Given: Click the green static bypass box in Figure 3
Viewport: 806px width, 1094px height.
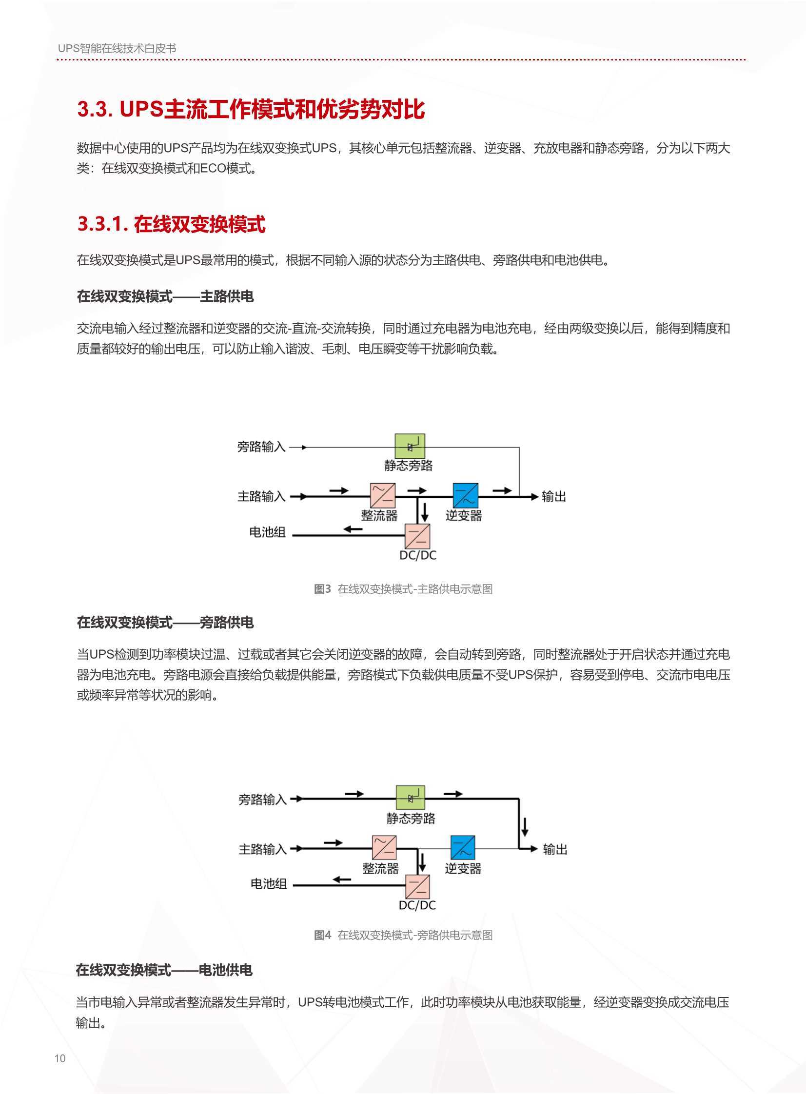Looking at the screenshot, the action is [x=410, y=446].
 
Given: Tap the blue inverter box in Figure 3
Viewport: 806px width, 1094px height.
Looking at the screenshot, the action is [x=466, y=495].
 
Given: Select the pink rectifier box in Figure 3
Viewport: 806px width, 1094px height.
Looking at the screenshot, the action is [x=382, y=495].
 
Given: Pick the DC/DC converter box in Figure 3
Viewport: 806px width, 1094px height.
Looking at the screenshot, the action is [x=418, y=536].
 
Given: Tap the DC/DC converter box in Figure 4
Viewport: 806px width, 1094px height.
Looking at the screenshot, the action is [x=418, y=887].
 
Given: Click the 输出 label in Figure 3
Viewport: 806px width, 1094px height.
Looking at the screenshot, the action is [x=554, y=496].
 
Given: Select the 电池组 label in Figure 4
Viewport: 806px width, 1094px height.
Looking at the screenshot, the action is [x=269, y=884].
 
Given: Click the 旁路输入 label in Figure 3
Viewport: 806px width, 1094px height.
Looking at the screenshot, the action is [x=261, y=446].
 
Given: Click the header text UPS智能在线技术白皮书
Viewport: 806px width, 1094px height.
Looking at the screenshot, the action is [x=117, y=48].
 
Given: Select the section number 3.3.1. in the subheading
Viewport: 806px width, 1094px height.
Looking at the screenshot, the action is [x=103, y=224].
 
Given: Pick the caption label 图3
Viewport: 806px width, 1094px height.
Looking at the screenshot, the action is [x=322, y=589].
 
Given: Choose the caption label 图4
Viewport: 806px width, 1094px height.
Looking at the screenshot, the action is [x=322, y=935].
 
